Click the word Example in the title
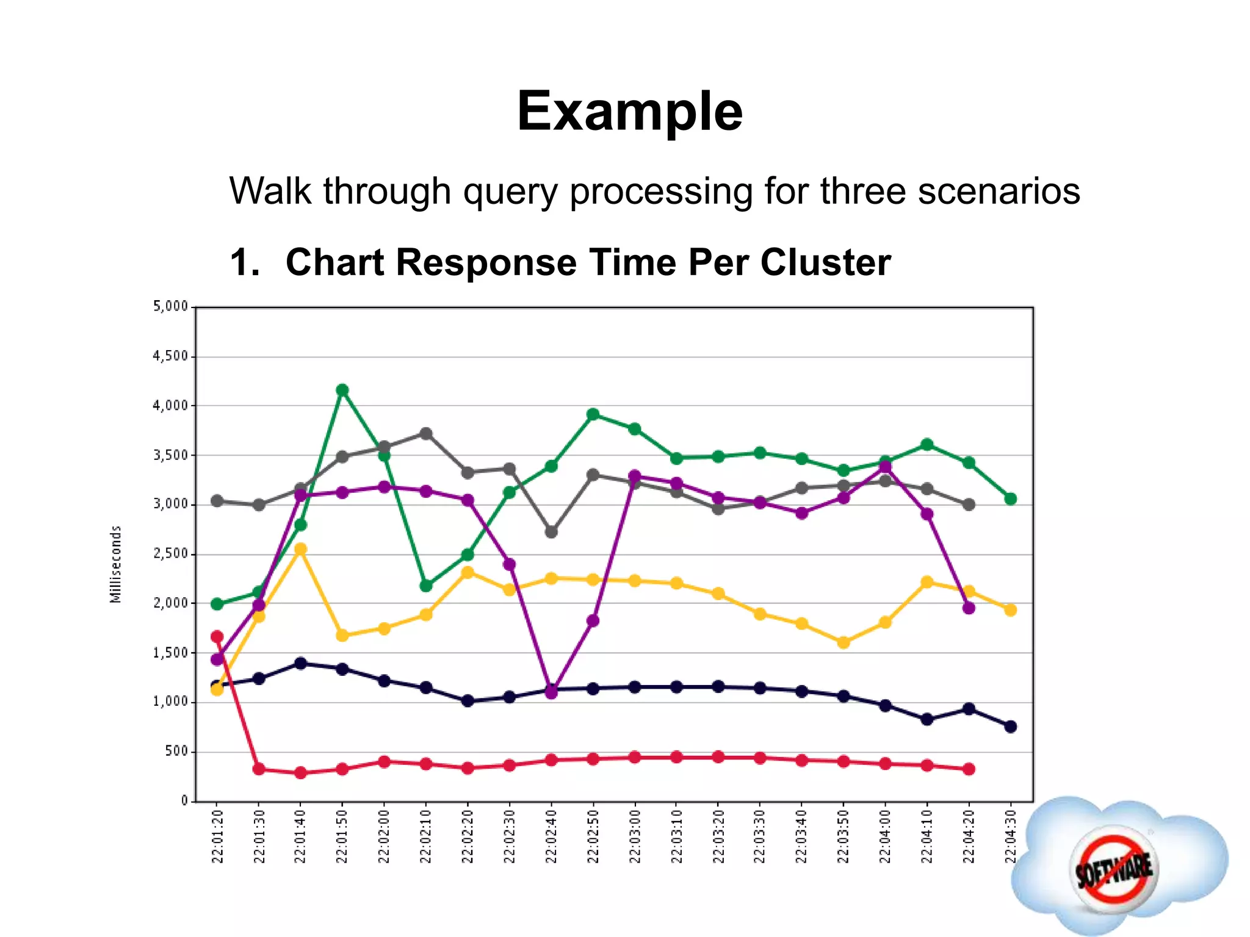tap(629, 112)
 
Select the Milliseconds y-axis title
tap(116, 564)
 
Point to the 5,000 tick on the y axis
tap(170, 306)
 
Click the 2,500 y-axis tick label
tap(170, 554)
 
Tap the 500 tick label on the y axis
tap(176, 752)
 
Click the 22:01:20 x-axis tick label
tap(217, 836)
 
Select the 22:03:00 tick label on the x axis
tap(635, 836)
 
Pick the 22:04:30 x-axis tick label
tap(1010, 836)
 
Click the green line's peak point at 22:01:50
tap(342, 390)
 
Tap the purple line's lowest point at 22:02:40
tap(551, 692)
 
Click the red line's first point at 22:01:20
tap(217, 637)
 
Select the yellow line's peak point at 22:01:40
tap(300, 549)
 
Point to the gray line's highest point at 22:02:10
tap(426, 434)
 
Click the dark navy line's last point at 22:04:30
tap(1010, 727)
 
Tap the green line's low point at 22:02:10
tap(426, 586)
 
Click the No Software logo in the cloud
tap(1114, 866)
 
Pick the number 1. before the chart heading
tap(245, 263)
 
